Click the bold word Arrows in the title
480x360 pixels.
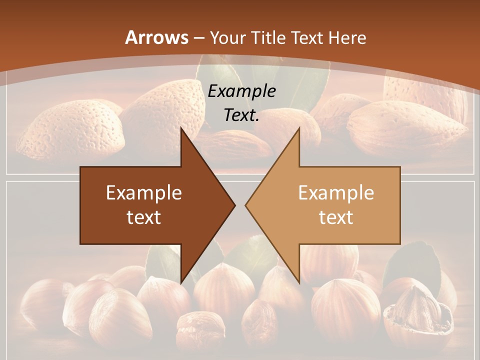pyautogui.click(x=157, y=37)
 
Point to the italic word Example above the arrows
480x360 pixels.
pyautogui.click(x=241, y=91)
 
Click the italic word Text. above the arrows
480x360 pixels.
pyautogui.click(x=241, y=115)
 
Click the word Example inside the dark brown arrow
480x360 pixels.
pyautogui.click(x=144, y=193)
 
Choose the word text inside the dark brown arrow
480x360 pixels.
pyautogui.click(x=144, y=217)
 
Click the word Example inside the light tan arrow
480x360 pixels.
pyautogui.click(x=336, y=193)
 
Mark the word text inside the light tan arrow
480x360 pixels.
pyautogui.click(x=336, y=217)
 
